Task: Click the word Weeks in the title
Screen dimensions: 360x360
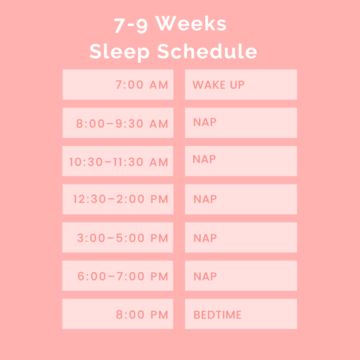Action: tap(191, 23)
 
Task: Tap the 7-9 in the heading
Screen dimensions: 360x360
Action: tap(131, 25)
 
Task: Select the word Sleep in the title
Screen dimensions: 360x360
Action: tap(120, 52)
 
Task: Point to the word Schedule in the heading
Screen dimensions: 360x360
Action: tap(207, 51)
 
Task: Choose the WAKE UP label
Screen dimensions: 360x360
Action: tap(218, 85)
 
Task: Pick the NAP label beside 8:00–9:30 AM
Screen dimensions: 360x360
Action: tap(205, 122)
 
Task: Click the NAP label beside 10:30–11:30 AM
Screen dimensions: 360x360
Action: tap(204, 159)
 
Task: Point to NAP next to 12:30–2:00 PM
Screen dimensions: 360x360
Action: tap(205, 199)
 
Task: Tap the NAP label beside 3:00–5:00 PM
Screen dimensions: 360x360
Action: tap(205, 238)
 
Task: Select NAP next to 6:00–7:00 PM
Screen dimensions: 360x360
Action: tap(205, 276)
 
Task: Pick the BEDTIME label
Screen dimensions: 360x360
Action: tap(217, 315)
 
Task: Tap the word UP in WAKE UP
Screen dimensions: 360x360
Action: tap(237, 85)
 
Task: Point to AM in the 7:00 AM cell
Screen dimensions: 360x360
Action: tap(159, 85)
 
